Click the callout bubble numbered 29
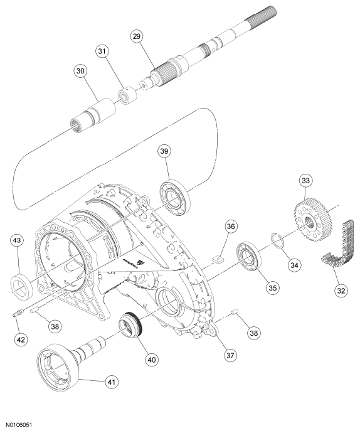pyautogui.click(x=137, y=36)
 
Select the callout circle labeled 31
pyautogui.click(x=102, y=51)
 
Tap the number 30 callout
pyautogui.click(x=80, y=71)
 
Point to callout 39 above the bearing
pyautogui.click(x=164, y=151)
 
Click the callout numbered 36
pyautogui.click(x=231, y=227)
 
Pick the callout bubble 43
pyautogui.click(x=17, y=240)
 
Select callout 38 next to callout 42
pyautogui.click(x=55, y=326)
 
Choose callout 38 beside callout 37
pyautogui.click(x=254, y=333)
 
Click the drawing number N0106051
pyautogui.click(x=19, y=424)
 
